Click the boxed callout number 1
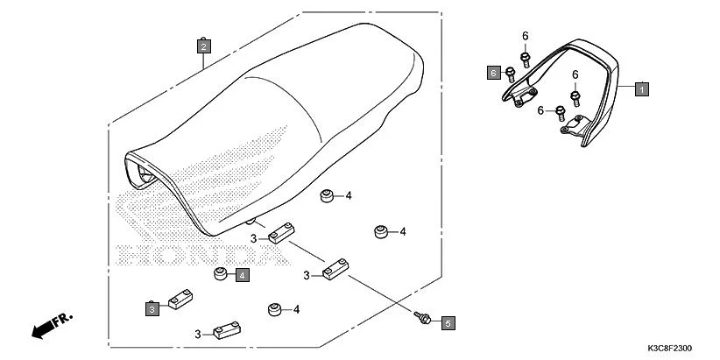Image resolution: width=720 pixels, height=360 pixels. (641, 88)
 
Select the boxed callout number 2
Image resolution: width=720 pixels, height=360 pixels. (203, 45)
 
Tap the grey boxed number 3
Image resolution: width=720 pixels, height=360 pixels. (152, 308)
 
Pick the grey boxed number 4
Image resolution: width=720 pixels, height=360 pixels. (242, 275)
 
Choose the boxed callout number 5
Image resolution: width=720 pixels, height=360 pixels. (448, 323)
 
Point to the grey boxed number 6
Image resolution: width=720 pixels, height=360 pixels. (494, 72)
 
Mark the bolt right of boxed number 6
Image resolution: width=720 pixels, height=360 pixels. (512, 72)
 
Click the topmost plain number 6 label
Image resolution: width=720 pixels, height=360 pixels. (526, 35)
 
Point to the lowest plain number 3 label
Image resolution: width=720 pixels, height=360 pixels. (199, 334)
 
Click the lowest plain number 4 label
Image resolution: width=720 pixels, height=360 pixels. (297, 309)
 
